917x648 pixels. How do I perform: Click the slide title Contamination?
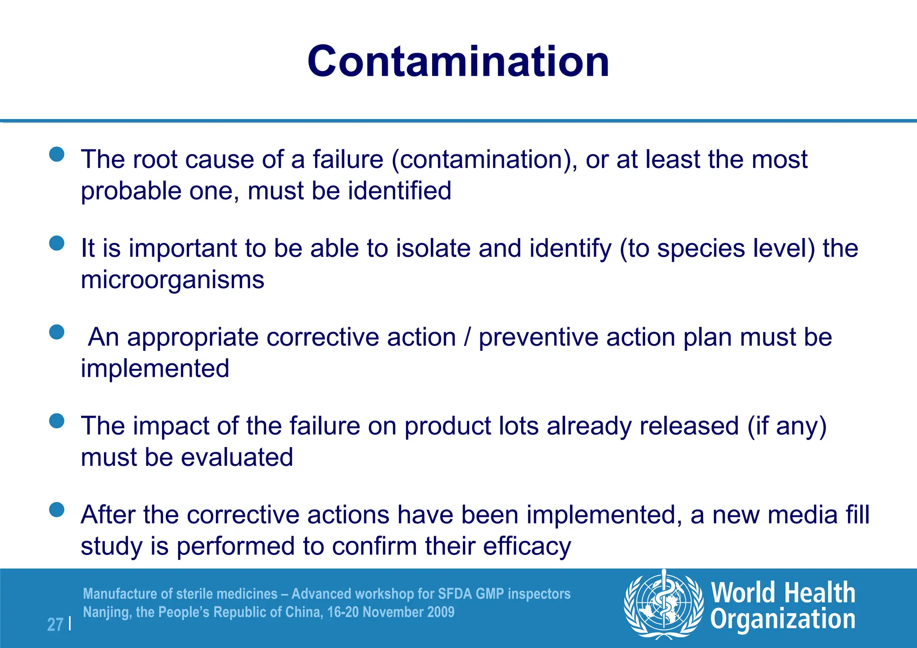tap(458, 61)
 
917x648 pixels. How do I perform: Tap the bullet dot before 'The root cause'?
tap(57, 154)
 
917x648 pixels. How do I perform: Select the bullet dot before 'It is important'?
tap(57, 243)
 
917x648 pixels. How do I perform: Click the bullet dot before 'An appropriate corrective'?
tap(57, 332)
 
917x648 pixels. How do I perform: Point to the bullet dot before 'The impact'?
tap(57, 421)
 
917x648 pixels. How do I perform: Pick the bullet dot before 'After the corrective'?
tap(57, 510)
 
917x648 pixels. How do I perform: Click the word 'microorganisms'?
tap(172, 280)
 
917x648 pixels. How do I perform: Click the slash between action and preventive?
tap(467, 337)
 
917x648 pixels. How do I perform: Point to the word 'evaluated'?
tap(237, 457)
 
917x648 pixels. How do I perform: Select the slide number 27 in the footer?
tap(55, 624)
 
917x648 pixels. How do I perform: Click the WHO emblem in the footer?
tap(664, 604)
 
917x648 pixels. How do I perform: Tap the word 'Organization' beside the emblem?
tap(783, 620)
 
